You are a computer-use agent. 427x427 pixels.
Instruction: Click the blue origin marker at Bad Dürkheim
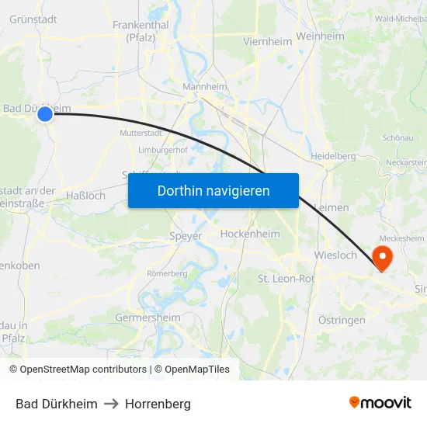[x=45, y=114]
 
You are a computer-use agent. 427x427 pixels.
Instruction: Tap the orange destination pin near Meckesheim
[x=383, y=256]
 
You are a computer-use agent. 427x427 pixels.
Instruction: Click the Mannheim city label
[x=204, y=87]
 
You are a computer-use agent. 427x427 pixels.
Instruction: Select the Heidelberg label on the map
[x=332, y=156]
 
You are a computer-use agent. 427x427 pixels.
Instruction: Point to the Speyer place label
[x=185, y=236]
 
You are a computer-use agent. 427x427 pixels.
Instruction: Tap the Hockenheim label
[x=249, y=234]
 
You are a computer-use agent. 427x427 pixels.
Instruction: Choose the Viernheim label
[x=267, y=41]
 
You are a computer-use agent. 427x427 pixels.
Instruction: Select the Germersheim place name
[x=148, y=318]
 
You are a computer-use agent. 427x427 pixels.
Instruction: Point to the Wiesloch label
[x=335, y=255]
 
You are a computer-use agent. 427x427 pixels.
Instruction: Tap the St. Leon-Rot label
[x=285, y=278]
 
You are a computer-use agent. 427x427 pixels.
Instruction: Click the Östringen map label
[x=342, y=320]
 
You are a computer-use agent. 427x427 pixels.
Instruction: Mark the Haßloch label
[x=85, y=196]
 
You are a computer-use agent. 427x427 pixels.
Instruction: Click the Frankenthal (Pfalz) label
[x=141, y=30]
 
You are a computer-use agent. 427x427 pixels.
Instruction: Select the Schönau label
[x=397, y=137]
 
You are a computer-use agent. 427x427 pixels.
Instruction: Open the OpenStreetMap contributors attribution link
[x=83, y=370]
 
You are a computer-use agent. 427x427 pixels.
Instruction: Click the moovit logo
[x=380, y=402]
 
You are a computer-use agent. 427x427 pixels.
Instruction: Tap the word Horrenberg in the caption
[x=158, y=404]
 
